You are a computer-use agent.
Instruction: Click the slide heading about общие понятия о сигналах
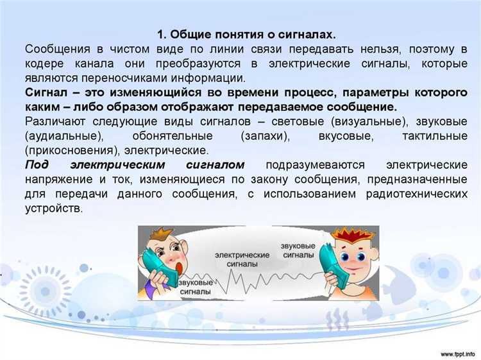246,34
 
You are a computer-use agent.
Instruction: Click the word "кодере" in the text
46,64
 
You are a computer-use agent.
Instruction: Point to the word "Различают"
54,122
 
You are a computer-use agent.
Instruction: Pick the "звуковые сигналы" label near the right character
298,250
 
